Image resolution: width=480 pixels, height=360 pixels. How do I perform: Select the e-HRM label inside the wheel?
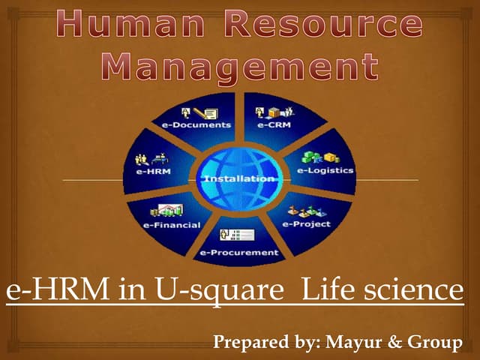[152, 172]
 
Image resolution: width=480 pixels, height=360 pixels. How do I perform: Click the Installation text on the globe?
[239, 178]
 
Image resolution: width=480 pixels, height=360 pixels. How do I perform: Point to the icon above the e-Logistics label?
[316, 158]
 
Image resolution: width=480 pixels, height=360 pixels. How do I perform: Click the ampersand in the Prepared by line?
[394, 343]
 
